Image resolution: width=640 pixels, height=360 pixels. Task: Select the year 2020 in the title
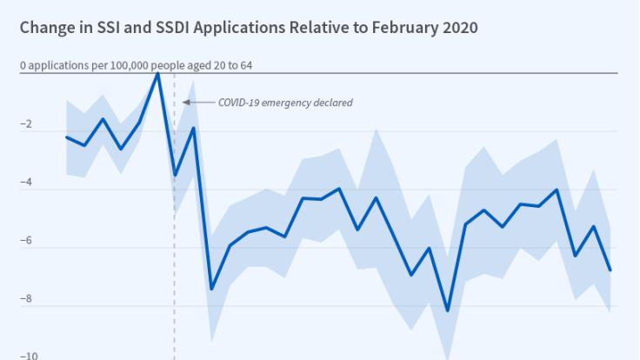pyautogui.click(x=458, y=27)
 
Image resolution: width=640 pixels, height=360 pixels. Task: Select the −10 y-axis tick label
pyautogui.click(x=28, y=356)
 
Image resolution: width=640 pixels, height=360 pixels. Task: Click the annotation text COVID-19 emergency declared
pyautogui.click(x=273, y=103)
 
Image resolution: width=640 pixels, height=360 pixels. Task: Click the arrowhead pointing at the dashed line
pyautogui.click(x=186, y=103)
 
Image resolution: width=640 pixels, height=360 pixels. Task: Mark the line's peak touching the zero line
pyautogui.click(x=157, y=74)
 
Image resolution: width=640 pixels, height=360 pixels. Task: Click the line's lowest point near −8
pyautogui.click(x=447, y=310)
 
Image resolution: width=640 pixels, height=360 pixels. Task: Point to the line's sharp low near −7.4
pyautogui.click(x=211, y=289)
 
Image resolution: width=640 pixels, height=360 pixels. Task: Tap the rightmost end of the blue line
pyautogui.click(x=610, y=270)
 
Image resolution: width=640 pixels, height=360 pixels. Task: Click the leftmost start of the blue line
pyautogui.click(x=67, y=137)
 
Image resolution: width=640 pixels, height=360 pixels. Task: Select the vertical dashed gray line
pyautogui.click(x=175, y=261)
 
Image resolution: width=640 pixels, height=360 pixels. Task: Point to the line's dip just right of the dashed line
pyautogui.click(x=175, y=175)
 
